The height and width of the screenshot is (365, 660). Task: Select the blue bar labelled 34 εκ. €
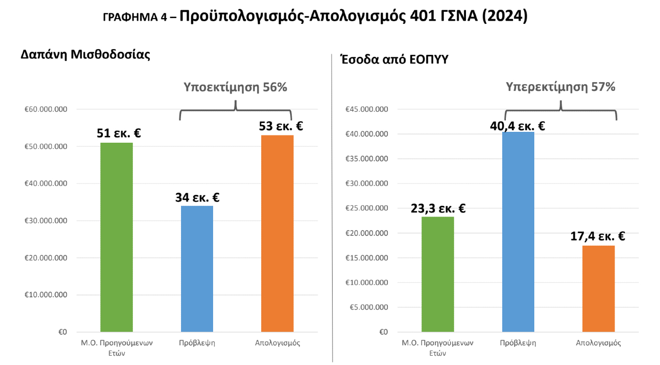point(197,268)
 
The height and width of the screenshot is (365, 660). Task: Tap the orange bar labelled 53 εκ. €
point(277,233)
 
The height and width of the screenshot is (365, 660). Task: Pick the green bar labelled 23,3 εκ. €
point(438,274)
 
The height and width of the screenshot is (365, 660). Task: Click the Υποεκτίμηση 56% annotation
point(235,87)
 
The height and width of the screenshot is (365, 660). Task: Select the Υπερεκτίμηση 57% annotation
point(560,87)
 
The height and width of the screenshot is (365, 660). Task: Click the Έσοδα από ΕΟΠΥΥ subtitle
point(394,59)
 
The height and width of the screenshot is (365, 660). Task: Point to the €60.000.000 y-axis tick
point(46,110)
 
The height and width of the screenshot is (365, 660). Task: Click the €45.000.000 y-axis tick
point(367,110)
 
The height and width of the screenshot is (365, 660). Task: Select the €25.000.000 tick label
point(367,208)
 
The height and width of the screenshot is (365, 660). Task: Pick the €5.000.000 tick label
point(369,308)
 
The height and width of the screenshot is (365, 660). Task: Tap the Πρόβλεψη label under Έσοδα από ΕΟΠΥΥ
point(518,343)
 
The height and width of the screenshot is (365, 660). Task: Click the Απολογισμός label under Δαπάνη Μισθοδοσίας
point(277,343)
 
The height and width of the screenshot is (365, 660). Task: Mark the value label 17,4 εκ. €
point(599,236)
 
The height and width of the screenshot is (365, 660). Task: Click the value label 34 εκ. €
point(197,197)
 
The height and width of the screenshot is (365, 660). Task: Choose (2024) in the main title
point(504,16)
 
